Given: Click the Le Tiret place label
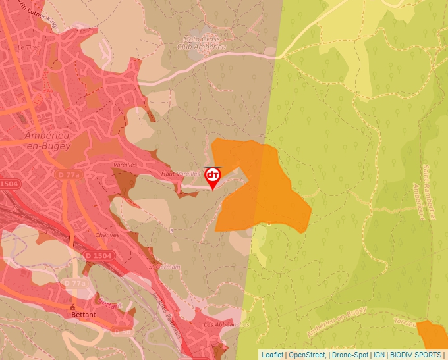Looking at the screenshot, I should point(29,48).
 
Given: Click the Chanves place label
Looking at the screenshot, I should point(107,235).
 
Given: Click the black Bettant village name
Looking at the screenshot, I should point(84,315).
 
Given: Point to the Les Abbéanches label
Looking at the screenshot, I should point(227,324).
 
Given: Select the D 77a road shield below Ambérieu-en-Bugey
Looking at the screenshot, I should point(68,175).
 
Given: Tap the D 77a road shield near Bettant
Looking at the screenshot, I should point(75,284).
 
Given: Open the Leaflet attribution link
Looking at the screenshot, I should point(272,355).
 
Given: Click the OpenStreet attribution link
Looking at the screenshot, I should point(307,355).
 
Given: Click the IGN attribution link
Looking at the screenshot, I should point(379,355).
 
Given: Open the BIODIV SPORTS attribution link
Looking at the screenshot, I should point(416,355).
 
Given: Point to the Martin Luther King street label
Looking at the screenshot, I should point(36,14).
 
